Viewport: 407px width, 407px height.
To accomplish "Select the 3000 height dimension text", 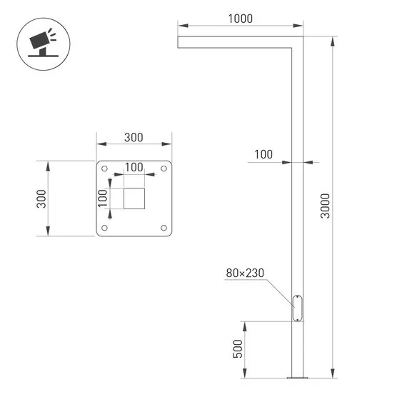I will pos(326,207).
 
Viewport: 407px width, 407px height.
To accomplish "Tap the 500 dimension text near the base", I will pos(238,348).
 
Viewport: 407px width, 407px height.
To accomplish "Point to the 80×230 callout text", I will pos(245,273).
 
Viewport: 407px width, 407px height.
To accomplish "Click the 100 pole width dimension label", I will pos(263,154).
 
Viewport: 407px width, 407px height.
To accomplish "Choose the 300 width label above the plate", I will pos(134,138).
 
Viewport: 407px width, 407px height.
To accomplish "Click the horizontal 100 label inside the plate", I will pos(134,166).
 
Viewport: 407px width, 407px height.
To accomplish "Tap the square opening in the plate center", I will pos(134,199).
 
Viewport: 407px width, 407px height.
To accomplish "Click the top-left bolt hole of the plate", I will pos(105,169).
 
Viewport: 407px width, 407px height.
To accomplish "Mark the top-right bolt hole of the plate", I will pos(164,169).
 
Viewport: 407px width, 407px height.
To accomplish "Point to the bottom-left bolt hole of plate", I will pos(105,228).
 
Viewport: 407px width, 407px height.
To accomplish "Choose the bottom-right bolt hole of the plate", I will pos(164,228).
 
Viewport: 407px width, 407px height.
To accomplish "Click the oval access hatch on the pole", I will pos(297,308).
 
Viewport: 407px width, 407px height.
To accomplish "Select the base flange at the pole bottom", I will pos(297,377).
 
